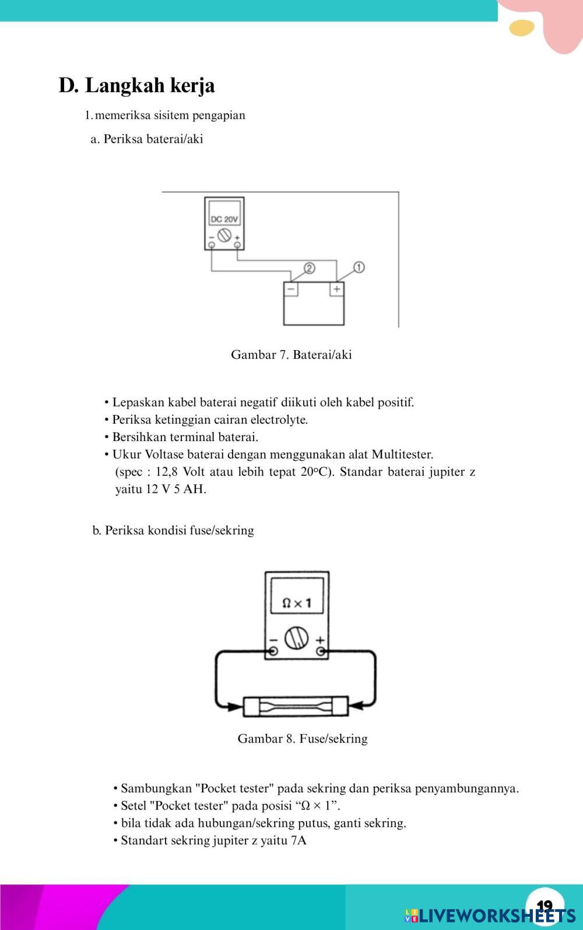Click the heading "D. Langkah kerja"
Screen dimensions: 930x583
(x=136, y=85)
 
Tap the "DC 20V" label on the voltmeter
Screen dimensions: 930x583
(x=224, y=219)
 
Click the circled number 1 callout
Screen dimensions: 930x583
(x=359, y=267)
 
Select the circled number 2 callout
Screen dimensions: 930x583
(x=310, y=267)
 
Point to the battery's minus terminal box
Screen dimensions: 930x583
(x=291, y=288)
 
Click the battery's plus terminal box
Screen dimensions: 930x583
(x=336, y=288)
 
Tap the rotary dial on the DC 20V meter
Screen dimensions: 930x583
(x=224, y=235)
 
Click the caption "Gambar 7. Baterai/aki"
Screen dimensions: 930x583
(x=291, y=354)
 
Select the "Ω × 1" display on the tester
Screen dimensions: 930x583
(x=296, y=603)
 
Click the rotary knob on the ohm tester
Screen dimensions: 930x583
(x=296, y=638)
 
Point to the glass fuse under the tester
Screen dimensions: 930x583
(x=296, y=706)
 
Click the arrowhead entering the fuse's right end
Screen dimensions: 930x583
(x=357, y=706)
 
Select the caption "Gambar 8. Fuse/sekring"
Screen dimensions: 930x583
(x=303, y=738)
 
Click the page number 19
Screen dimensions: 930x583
(x=545, y=906)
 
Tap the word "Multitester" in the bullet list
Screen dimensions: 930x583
(x=402, y=454)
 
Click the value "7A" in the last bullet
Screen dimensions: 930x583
(x=298, y=840)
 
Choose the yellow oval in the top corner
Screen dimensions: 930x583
(x=521, y=27)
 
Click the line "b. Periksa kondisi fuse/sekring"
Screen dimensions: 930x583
(x=173, y=530)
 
